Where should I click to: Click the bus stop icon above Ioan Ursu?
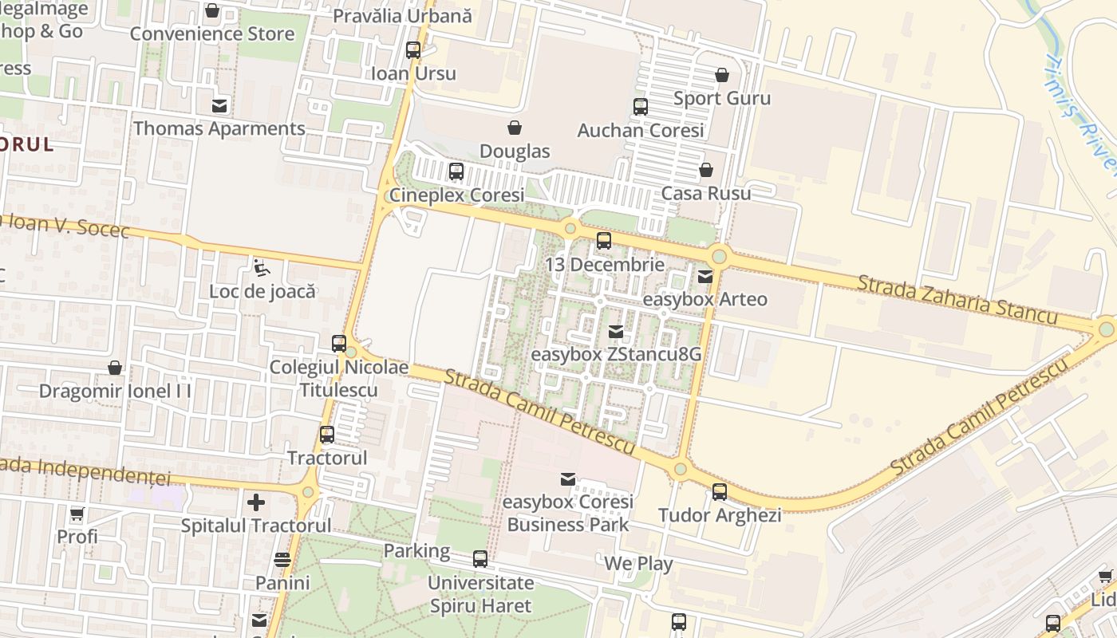pos(412,50)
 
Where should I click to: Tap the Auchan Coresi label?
pos(640,130)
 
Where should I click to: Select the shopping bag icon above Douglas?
pos(515,128)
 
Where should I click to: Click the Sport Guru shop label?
pos(721,98)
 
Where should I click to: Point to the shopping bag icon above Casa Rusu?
pos(705,170)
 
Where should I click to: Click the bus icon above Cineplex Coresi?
pos(456,171)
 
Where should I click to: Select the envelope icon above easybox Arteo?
pos(705,277)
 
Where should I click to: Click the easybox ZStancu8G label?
pos(615,353)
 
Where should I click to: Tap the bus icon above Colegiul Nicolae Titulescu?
pos(339,344)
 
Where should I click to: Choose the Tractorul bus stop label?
pos(326,458)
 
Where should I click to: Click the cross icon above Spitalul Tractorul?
pos(255,502)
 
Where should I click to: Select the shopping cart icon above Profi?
pos(77,514)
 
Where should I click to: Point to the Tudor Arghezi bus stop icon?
pos(719,492)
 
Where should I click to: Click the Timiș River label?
pos(1080,112)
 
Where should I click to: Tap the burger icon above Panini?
pos(282,560)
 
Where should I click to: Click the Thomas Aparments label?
pos(219,128)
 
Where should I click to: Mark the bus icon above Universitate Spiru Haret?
pos(480,559)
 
